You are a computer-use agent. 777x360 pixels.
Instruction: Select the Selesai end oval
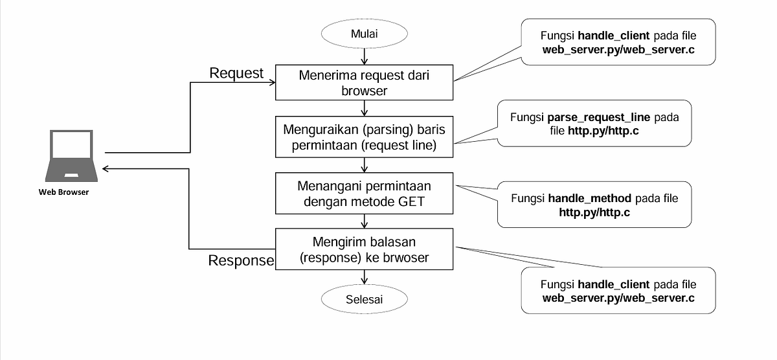point(365,298)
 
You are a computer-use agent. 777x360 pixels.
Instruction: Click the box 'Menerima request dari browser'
point(365,82)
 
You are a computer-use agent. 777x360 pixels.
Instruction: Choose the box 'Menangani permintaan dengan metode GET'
point(365,194)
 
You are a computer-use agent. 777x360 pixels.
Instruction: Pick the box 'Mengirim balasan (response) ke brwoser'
point(365,249)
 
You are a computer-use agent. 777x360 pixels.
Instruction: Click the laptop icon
point(71,157)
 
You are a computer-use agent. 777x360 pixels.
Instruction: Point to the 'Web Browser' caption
point(63,192)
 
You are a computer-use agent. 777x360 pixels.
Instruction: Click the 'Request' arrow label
point(236,73)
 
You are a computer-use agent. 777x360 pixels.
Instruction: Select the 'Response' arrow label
point(241,261)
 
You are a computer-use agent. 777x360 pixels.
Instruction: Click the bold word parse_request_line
point(600,118)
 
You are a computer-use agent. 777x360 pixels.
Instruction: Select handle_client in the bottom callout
point(613,285)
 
